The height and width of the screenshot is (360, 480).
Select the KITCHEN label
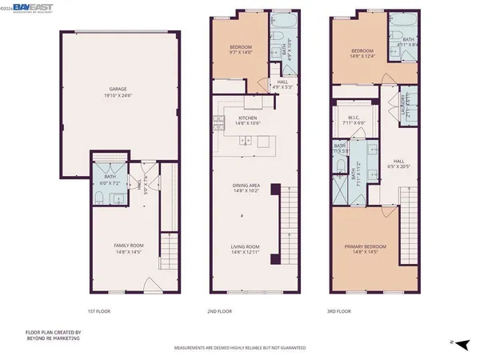coord(246,118)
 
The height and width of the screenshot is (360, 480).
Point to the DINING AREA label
coord(246,187)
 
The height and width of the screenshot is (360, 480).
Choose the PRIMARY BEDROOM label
coord(365,247)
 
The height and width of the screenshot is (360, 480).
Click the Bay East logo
coord(32,6)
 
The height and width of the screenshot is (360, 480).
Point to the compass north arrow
coord(454,342)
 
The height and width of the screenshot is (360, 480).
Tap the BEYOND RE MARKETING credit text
coord(51,340)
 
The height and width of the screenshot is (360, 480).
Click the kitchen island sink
coord(246,141)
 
